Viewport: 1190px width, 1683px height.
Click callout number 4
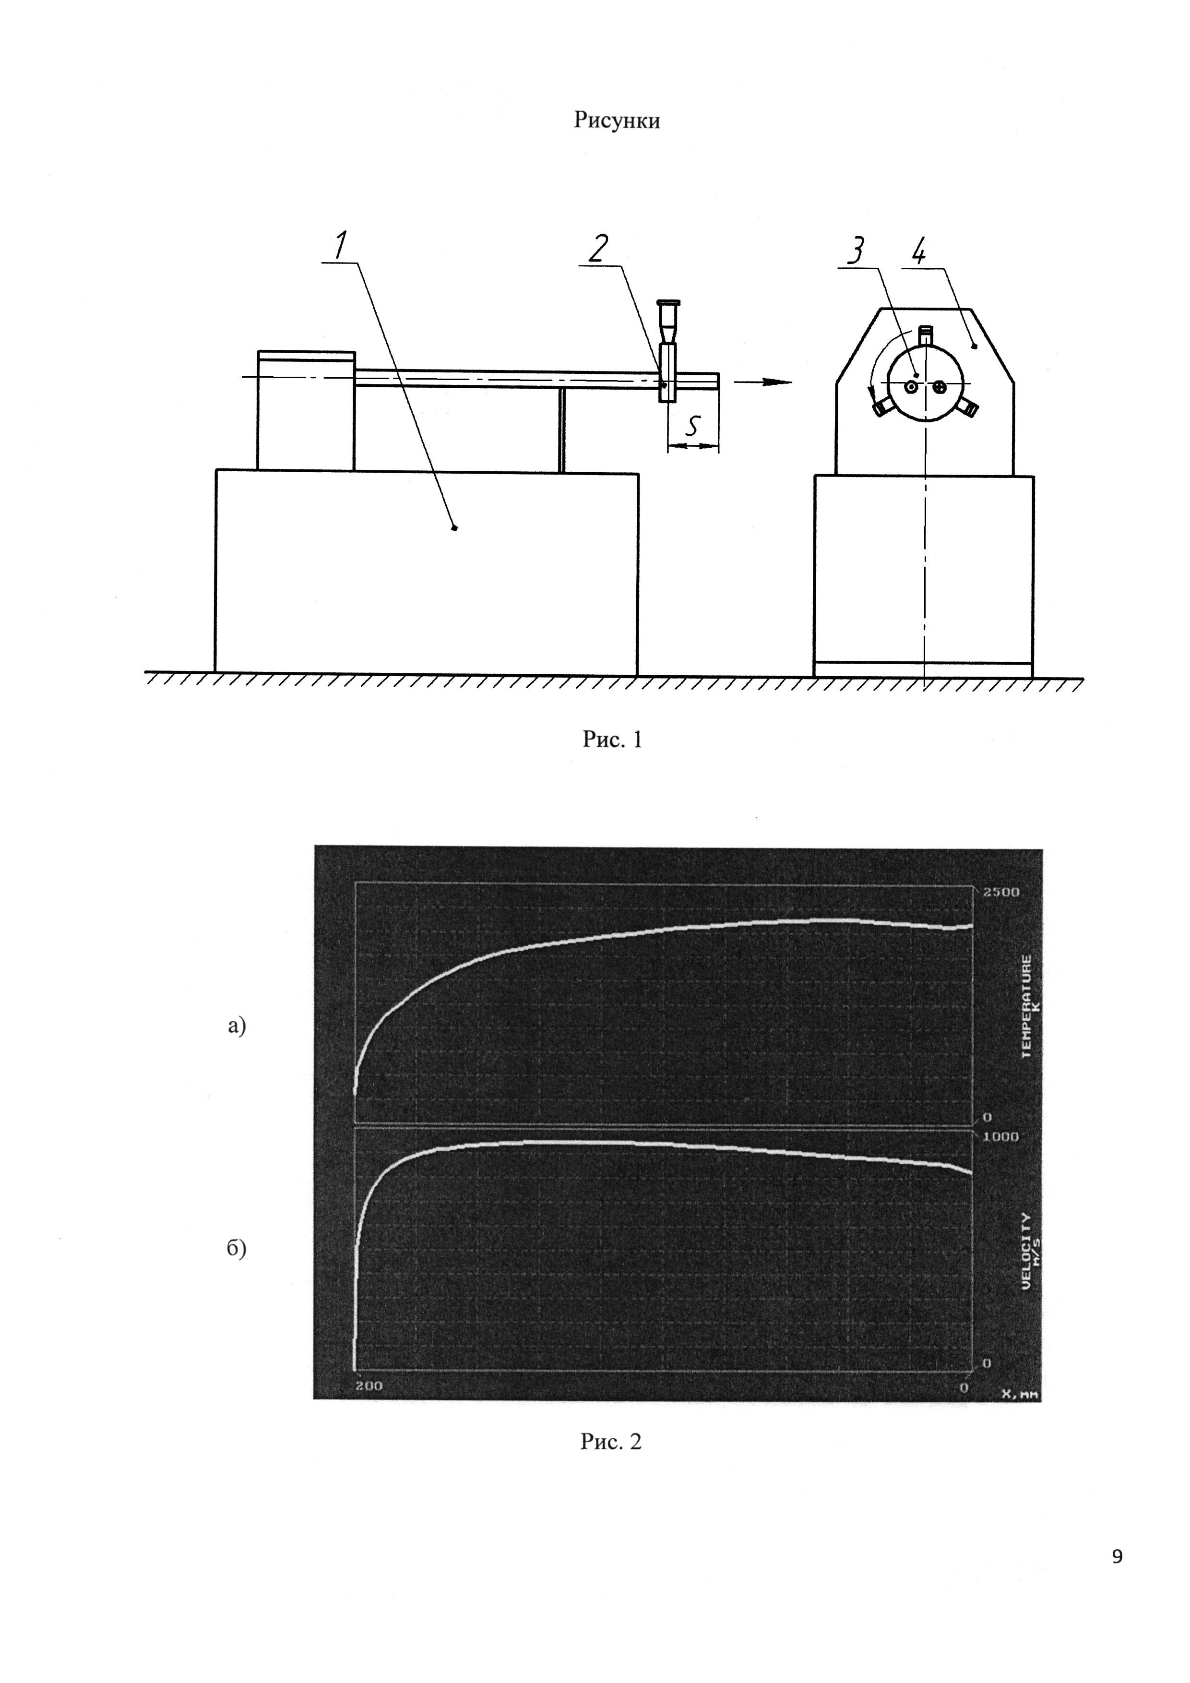(919, 253)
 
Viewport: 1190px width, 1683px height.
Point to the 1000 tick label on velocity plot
(1001, 1136)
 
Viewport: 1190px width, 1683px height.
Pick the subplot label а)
(236, 1026)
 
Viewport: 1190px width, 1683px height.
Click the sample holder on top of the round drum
(926, 336)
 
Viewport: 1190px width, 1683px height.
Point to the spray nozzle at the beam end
(667, 352)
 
